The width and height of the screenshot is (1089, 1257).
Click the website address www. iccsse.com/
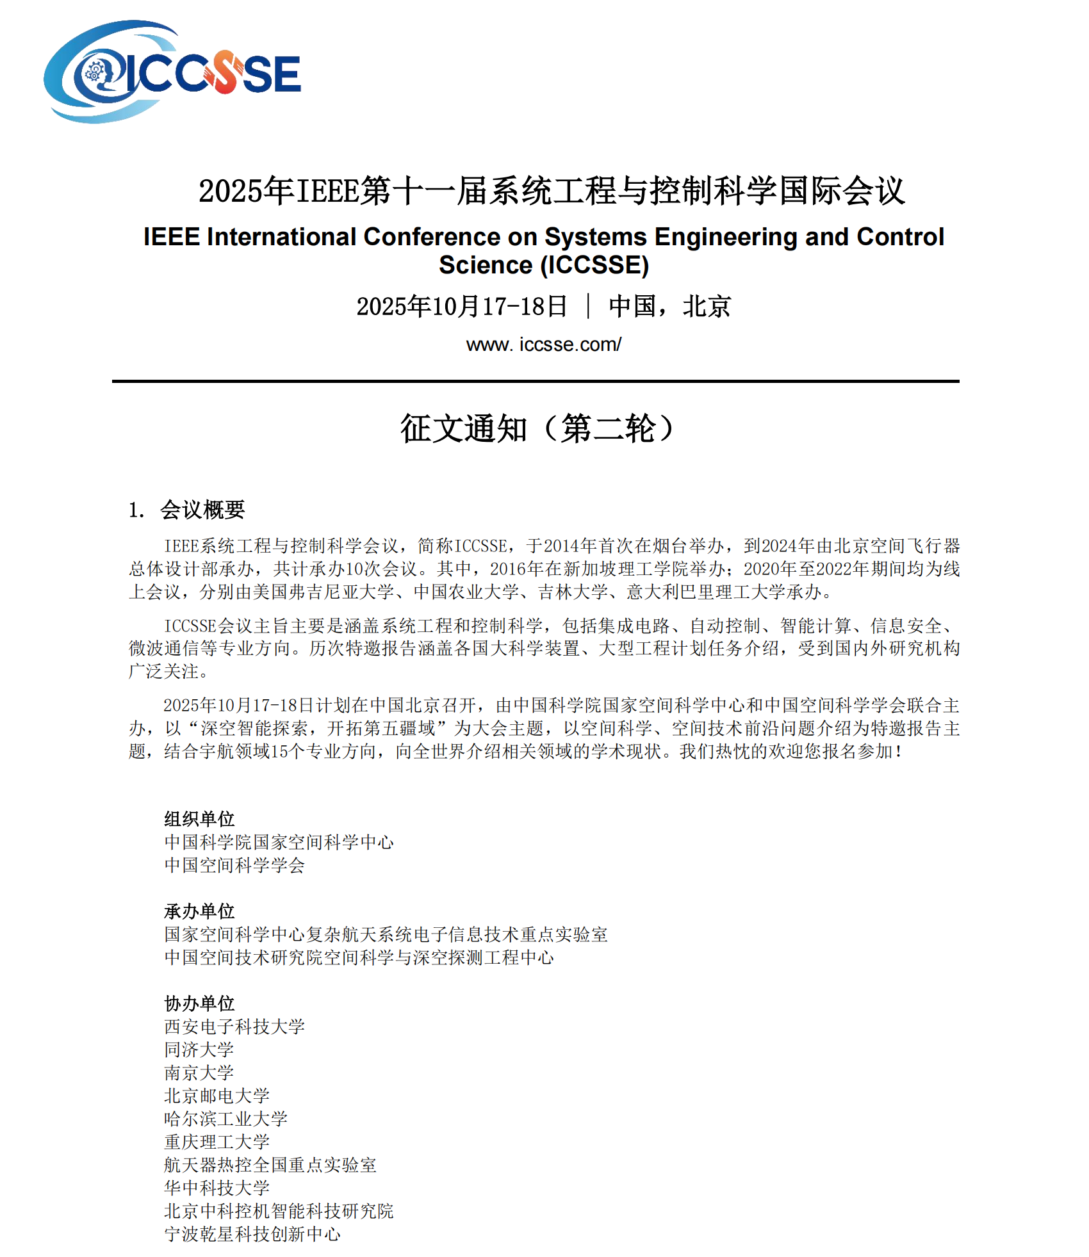click(543, 345)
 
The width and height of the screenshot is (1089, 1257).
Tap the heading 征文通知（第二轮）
click(537, 428)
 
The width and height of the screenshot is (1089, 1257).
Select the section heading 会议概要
click(202, 510)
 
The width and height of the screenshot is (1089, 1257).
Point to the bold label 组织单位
click(199, 818)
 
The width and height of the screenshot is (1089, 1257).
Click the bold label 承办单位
click(199, 911)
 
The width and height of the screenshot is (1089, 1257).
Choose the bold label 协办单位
click(199, 1003)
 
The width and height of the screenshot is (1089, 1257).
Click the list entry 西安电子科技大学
click(234, 1026)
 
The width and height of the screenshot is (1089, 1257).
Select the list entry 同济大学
click(199, 1050)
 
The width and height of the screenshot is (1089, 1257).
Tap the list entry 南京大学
click(199, 1073)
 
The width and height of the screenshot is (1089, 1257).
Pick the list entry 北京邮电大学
click(217, 1096)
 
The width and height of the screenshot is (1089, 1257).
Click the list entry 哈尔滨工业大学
click(225, 1119)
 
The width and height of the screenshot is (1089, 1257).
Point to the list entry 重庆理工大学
click(217, 1142)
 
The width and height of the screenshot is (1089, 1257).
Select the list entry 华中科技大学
click(217, 1188)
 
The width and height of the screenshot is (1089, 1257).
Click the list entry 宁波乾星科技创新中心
click(252, 1234)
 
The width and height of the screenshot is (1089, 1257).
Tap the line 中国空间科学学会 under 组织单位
click(234, 865)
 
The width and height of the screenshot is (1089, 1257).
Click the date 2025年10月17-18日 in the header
click(461, 306)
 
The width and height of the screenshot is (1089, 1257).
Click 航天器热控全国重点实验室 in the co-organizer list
click(270, 1165)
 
